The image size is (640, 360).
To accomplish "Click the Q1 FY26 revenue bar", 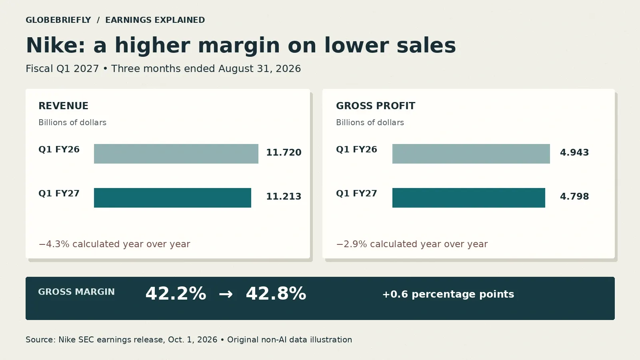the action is (176, 154).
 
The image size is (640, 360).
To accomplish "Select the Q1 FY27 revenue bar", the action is (172, 198).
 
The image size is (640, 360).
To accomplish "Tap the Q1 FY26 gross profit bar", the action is (471, 154).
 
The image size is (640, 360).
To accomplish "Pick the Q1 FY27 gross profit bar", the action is (468, 198).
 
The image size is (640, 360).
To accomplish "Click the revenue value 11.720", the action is (284, 152).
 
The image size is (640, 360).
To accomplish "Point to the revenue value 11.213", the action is (284, 196).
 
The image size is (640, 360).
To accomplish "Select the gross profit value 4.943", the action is (574, 152).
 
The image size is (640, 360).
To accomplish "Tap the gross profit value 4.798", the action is (574, 196).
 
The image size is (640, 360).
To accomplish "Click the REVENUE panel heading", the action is (64, 106).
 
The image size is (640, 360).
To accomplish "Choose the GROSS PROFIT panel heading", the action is (376, 106).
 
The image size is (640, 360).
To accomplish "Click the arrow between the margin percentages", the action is (226, 294).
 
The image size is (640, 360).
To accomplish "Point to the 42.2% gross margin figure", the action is (176, 294).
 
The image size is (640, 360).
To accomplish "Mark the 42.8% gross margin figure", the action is (276, 294).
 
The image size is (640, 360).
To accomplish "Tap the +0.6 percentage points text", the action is (448, 294).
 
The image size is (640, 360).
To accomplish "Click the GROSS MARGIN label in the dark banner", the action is (76, 292).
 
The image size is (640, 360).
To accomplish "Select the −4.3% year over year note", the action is (114, 244).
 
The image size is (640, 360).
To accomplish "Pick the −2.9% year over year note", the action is (412, 244).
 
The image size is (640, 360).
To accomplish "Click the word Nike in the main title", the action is (56, 45).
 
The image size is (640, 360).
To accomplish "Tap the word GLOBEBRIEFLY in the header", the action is (58, 20).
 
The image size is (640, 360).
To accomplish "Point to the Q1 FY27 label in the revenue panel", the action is (59, 194).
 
